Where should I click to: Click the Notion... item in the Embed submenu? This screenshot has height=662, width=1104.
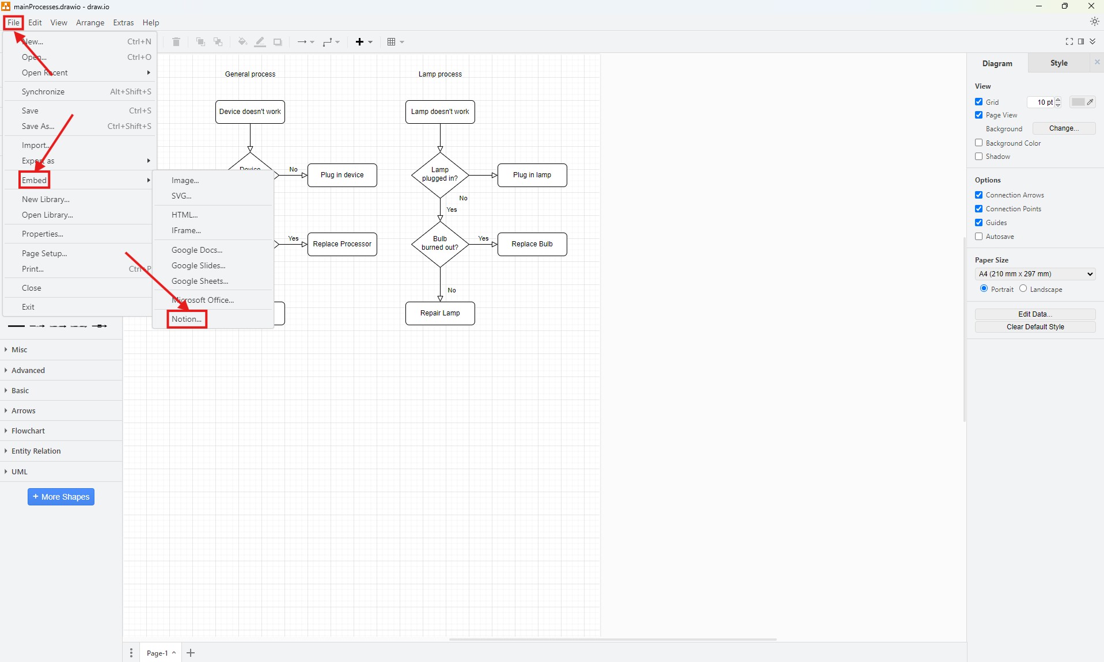[x=187, y=319]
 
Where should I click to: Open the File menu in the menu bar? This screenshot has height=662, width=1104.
[x=13, y=22]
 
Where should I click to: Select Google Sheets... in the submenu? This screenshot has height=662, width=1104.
[x=200, y=281]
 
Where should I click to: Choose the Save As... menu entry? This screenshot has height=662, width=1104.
[x=38, y=126]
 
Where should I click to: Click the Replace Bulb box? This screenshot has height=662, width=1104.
[x=532, y=244]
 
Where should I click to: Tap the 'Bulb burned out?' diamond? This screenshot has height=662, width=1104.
[x=440, y=244]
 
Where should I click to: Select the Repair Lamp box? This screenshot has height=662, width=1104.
[x=440, y=313]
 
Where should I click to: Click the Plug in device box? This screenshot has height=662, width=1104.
[x=342, y=175]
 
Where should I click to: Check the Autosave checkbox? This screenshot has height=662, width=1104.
[x=978, y=237]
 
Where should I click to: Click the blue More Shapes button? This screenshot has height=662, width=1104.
[x=61, y=497]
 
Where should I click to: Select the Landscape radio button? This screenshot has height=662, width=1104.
[x=1023, y=288]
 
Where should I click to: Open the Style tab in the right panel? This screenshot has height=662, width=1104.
[x=1059, y=63]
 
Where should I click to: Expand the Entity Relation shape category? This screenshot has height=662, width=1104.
[x=36, y=451]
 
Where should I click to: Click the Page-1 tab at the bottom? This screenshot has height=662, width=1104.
[x=157, y=653]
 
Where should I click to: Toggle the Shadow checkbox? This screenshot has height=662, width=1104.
[x=978, y=157]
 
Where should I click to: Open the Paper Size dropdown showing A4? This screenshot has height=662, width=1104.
[x=1035, y=274]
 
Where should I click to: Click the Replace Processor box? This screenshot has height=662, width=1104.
[x=342, y=244]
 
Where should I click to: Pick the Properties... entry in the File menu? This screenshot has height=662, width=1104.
[x=43, y=234]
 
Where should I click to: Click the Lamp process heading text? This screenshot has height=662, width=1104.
[x=440, y=74]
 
